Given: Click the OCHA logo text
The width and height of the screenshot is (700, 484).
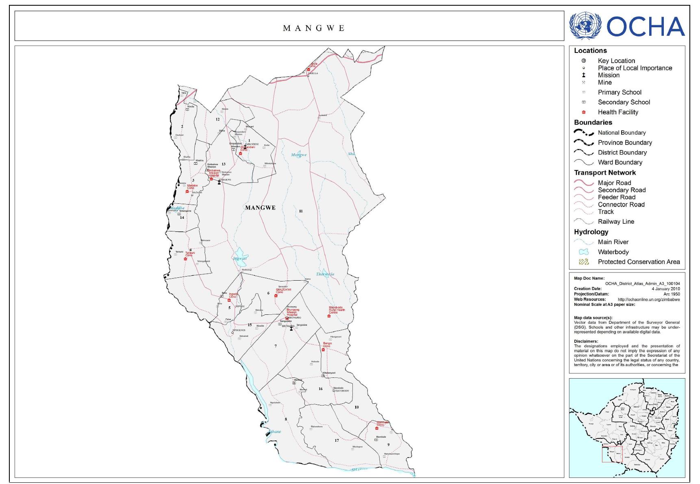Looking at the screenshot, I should [646, 26].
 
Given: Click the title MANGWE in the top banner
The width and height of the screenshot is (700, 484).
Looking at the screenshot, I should [314, 28].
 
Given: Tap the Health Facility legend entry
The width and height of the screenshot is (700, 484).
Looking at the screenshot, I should [617, 112].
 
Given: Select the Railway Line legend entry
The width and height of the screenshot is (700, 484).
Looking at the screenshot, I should [615, 222].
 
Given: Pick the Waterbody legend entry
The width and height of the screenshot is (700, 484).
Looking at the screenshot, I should [613, 252].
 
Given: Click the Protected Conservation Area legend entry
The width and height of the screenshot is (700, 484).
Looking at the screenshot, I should [638, 262].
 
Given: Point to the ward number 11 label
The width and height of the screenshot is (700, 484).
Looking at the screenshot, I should [301, 211].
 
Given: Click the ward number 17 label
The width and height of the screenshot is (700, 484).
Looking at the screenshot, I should [337, 440].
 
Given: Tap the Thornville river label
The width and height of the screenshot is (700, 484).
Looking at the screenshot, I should [325, 274].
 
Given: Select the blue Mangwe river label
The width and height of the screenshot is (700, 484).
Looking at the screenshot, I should [299, 155].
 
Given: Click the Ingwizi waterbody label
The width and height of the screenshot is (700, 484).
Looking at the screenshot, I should [240, 258].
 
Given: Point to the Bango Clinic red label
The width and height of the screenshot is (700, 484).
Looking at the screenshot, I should [327, 344].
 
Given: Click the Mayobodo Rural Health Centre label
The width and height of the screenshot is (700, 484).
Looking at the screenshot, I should [337, 310].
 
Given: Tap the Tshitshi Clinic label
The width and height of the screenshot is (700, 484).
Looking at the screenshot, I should [190, 254].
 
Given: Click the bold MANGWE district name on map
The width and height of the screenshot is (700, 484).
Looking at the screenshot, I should [260, 207].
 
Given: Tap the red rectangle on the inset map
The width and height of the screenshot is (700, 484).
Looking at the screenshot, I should [612, 454].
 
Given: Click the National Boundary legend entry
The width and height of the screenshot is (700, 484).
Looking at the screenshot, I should [621, 133].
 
